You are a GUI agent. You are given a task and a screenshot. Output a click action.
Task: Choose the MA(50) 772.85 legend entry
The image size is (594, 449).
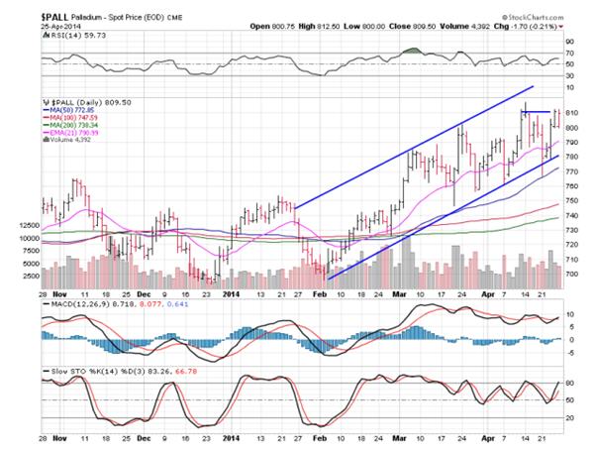point(80,109)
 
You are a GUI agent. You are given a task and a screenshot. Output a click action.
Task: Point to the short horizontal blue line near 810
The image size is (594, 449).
point(536,111)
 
